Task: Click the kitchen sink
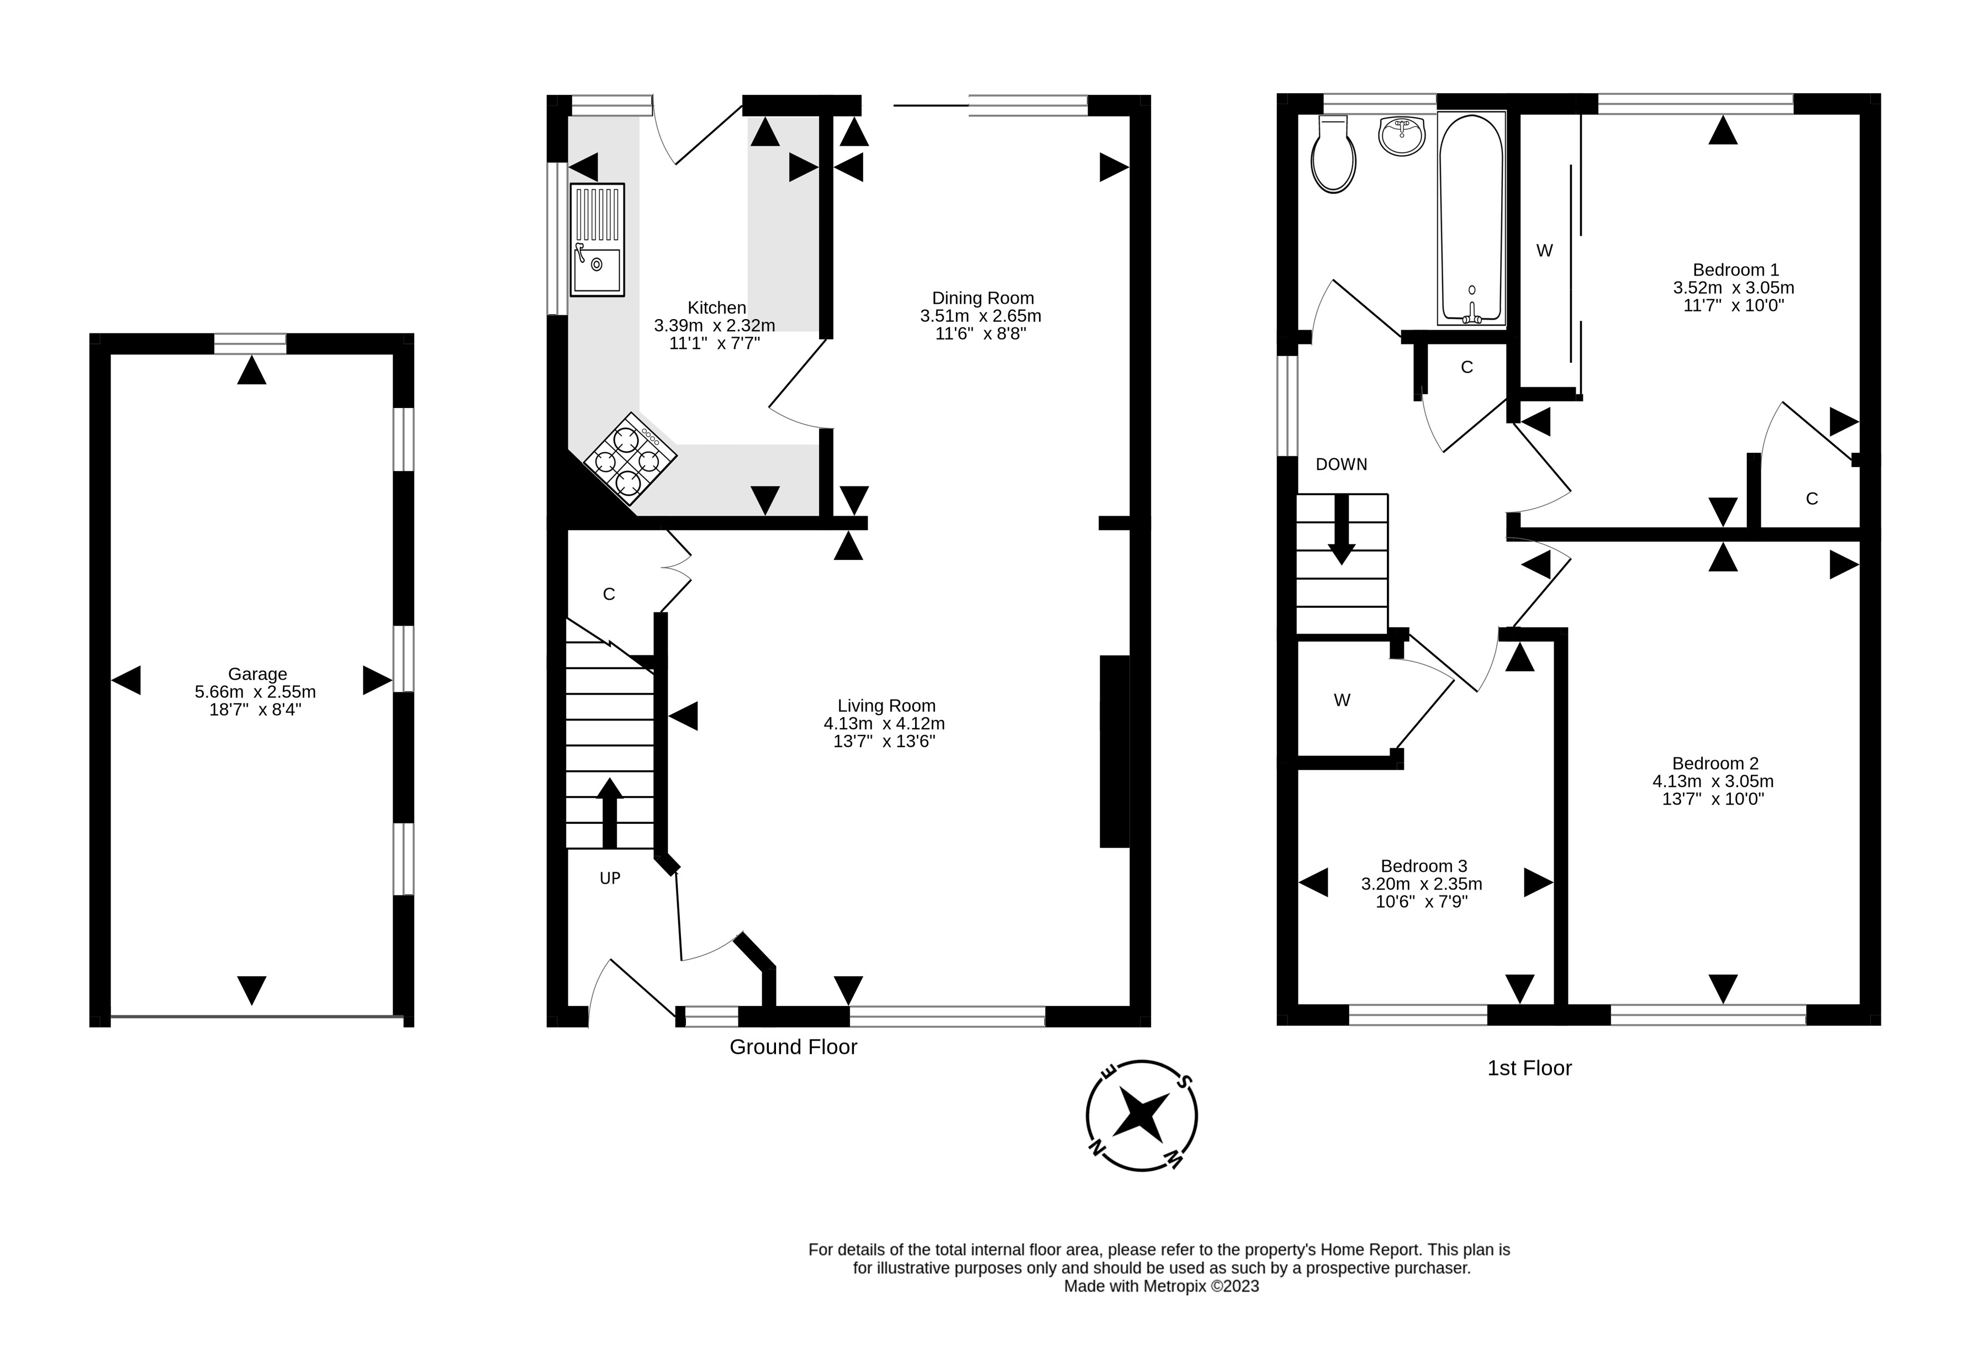click(x=597, y=240)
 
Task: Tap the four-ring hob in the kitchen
click(x=631, y=460)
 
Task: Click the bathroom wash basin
click(x=1402, y=136)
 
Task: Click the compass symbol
click(x=1142, y=1115)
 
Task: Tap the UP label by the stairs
click(x=610, y=878)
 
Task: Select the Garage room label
click(x=257, y=674)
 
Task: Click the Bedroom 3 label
click(x=1424, y=866)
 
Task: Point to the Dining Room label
click(x=983, y=298)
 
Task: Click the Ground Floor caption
click(x=793, y=1047)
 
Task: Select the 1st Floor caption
click(x=1529, y=1068)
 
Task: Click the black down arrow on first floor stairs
click(x=1342, y=529)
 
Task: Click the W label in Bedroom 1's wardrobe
click(x=1545, y=251)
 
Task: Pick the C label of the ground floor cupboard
click(x=609, y=595)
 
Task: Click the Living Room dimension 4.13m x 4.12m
click(x=884, y=723)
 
